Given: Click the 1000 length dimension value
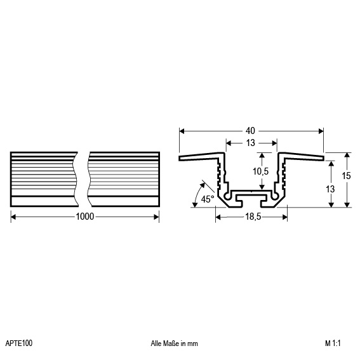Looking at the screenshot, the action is pyautogui.click(x=84, y=217).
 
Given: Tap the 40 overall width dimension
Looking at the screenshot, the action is pyautogui.click(x=250, y=131).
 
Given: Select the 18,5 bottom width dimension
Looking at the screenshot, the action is pyautogui.click(x=253, y=217).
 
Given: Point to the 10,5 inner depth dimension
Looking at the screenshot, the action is pyautogui.click(x=260, y=171).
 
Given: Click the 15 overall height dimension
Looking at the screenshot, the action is pyautogui.click(x=346, y=176).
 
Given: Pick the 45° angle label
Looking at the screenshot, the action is pyautogui.click(x=208, y=199).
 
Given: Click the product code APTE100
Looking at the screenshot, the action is pyautogui.click(x=19, y=343).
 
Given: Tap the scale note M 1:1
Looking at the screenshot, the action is pyautogui.click(x=333, y=343).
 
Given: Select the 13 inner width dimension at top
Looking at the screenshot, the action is pyautogui.click(x=251, y=143).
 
